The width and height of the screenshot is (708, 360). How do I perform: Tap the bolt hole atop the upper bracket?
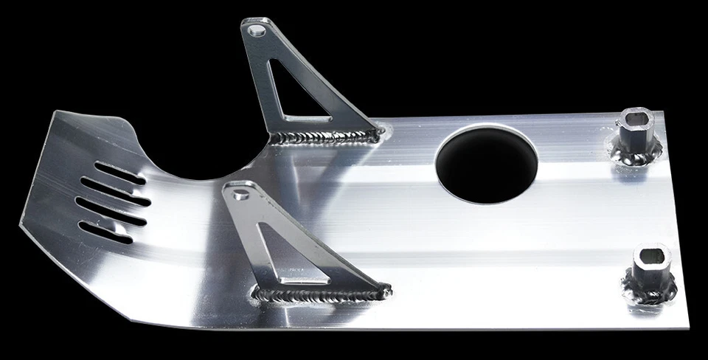(256, 30)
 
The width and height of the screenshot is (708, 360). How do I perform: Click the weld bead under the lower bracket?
(321, 296)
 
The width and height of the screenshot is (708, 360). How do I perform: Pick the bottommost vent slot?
(108, 233)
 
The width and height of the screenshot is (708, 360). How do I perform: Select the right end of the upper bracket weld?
(378, 134)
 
